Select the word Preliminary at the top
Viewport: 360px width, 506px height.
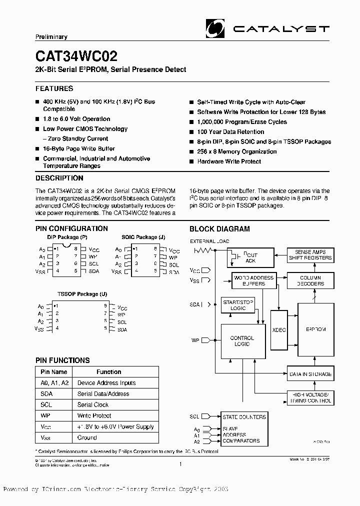click(51, 37)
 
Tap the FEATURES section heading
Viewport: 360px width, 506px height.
click(54, 88)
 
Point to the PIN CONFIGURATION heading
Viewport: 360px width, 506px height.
click(71, 228)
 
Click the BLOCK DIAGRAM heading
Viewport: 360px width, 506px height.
click(219, 229)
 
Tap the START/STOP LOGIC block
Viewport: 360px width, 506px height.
click(238, 305)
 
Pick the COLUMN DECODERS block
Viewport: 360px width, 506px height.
click(310, 280)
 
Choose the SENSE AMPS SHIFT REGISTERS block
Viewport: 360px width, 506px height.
click(310, 255)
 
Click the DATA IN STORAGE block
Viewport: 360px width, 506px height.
click(310, 374)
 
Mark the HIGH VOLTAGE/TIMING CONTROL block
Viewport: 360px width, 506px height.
click(310, 398)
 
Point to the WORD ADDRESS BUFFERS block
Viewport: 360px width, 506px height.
click(254, 280)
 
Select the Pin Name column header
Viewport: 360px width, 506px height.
click(53, 371)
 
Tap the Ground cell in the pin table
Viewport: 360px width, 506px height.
click(87, 437)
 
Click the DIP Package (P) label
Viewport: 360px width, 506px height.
click(67, 237)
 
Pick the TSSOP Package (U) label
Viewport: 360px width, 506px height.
click(82, 294)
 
